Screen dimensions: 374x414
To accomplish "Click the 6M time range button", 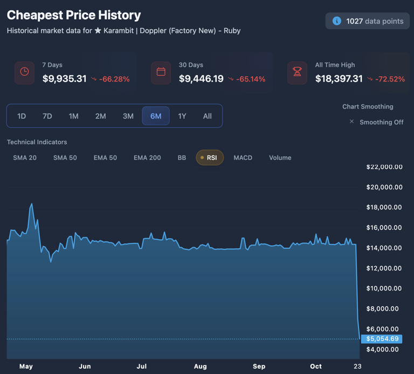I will (x=156, y=116).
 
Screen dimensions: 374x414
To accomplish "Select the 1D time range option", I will (x=22, y=116).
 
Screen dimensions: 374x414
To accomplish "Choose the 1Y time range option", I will (x=182, y=116).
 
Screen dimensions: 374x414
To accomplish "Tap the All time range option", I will (x=207, y=116).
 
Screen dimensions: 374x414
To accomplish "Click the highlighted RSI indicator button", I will (x=210, y=158).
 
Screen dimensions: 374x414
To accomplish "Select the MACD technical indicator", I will (x=243, y=158).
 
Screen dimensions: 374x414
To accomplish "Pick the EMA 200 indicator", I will (x=147, y=158).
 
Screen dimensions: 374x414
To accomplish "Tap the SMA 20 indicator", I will (x=25, y=158).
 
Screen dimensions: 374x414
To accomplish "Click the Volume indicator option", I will (x=280, y=158).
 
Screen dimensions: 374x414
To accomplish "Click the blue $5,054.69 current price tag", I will (x=382, y=339).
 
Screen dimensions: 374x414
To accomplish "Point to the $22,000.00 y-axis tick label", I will (x=384, y=167).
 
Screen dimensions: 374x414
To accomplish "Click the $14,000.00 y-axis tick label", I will (x=384, y=248).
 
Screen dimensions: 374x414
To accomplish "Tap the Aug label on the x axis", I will (x=200, y=366).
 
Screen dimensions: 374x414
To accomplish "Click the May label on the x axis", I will (x=26, y=366).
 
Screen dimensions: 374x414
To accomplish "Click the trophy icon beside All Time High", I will (x=297, y=72).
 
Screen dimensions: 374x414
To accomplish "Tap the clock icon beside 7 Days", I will (x=24, y=72).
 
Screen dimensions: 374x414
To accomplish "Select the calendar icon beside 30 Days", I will (x=161, y=72).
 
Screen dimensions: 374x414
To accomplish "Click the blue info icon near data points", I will (x=337, y=21).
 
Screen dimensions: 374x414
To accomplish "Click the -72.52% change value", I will (x=390, y=79).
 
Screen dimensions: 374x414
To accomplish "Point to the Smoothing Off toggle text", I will (x=381, y=122).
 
